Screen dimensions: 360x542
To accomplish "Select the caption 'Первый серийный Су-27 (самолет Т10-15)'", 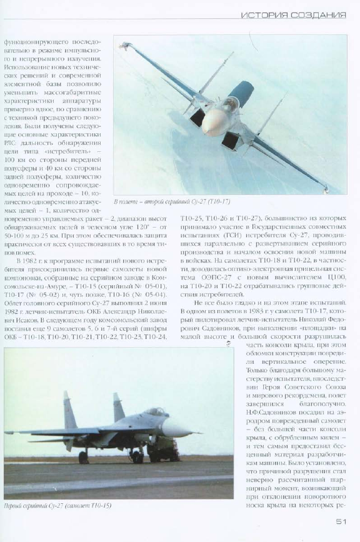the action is pos(62,505).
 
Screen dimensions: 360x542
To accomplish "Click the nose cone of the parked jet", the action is pos(181,429).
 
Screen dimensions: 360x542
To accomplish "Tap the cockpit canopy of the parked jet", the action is pos(153,413).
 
